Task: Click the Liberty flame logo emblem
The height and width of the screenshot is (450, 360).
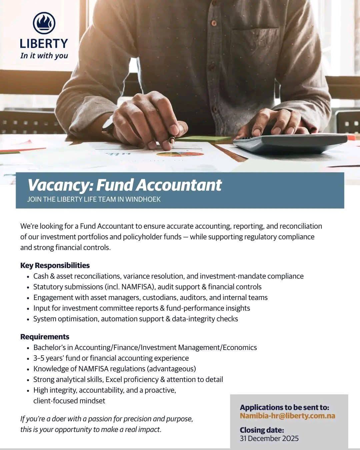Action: tap(44, 23)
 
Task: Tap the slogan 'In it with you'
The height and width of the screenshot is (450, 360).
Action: tap(44, 56)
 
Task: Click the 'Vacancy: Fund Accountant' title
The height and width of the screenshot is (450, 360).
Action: tap(124, 185)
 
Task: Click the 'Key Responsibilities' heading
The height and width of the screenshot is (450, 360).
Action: tap(55, 265)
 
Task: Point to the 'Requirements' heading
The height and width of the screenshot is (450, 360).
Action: tap(45, 337)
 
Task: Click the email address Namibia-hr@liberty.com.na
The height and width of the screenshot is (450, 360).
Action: tap(287, 416)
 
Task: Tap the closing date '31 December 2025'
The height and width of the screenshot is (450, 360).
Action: tap(269, 438)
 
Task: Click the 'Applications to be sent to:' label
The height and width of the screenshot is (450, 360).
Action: tap(284, 407)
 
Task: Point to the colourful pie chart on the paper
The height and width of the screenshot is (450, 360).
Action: tap(180, 154)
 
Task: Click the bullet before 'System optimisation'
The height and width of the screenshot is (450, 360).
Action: tap(28, 319)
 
